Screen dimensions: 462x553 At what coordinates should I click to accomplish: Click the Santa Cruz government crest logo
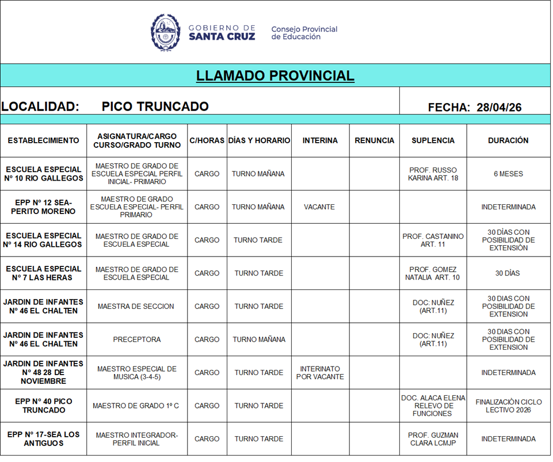pos(165,32)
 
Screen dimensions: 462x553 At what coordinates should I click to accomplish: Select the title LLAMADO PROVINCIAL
pos(275,76)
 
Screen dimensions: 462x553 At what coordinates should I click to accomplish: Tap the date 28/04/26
pos(499,107)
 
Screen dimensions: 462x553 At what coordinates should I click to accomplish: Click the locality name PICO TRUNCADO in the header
pos(155,106)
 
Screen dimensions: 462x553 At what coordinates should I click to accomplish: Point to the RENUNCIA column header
pos(374,140)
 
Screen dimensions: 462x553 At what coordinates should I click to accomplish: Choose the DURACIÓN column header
pos(508,140)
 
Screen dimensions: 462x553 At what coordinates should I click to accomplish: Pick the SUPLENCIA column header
pos(433,140)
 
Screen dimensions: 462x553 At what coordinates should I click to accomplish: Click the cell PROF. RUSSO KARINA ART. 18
pos(433,174)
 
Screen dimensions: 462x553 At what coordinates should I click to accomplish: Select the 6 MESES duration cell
pos(508,174)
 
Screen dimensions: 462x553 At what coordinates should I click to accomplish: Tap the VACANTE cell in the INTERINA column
pos(319,207)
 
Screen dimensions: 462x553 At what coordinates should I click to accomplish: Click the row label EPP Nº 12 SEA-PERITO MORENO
pos(43,207)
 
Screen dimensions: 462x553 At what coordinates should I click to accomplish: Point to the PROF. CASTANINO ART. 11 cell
pos(433,240)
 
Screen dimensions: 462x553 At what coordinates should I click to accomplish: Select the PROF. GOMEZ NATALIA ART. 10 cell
pos(433,273)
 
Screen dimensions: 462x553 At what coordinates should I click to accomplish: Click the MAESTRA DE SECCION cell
pos(136,306)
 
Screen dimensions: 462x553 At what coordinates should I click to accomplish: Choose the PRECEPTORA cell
pos(136,339)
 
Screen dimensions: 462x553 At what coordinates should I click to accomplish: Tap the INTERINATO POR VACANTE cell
pos(320,373)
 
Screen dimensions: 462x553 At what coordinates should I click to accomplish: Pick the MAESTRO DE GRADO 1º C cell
pos(136,406)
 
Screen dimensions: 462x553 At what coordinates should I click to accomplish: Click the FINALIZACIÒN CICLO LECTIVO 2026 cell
pos(508,406)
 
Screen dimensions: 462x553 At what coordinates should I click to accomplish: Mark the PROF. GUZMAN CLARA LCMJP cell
pos(433,439)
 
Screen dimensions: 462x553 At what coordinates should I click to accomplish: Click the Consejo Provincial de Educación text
pos(304,33)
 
